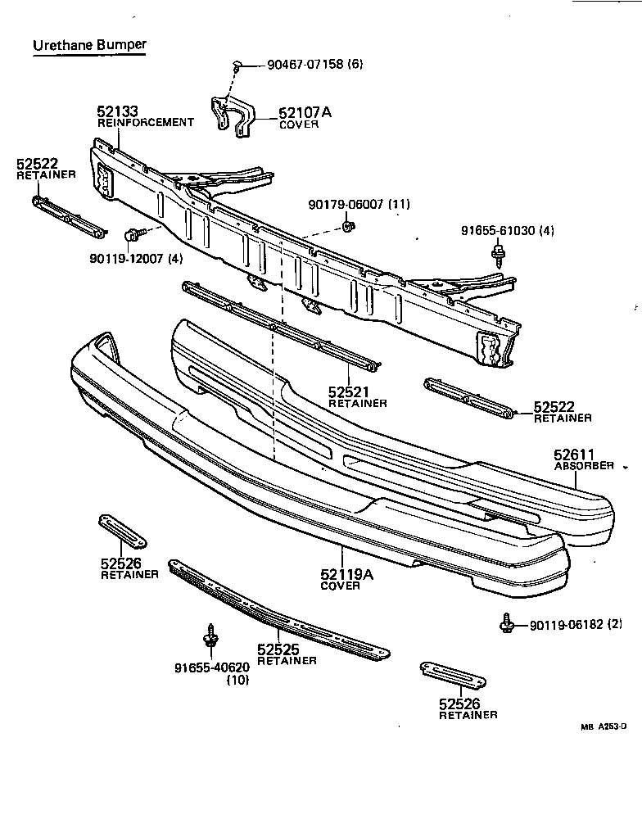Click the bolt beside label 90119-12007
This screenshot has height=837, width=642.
pos(130,235)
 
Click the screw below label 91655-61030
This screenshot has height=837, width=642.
pos(498,256)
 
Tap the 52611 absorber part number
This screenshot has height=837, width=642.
pos(573,455)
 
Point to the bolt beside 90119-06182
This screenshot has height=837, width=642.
pos(507,625)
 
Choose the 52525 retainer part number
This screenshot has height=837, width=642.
pos(278,650)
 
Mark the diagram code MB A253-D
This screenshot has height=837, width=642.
pos(604,726)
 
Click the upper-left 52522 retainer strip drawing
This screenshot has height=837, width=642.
pos(68,215)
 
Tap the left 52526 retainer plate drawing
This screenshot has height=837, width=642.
pos(122,532)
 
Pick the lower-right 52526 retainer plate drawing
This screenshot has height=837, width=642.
pos(452,675)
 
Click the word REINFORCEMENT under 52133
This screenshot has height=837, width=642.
pos(146,123)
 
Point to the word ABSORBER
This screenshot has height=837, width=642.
pos(583,466)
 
